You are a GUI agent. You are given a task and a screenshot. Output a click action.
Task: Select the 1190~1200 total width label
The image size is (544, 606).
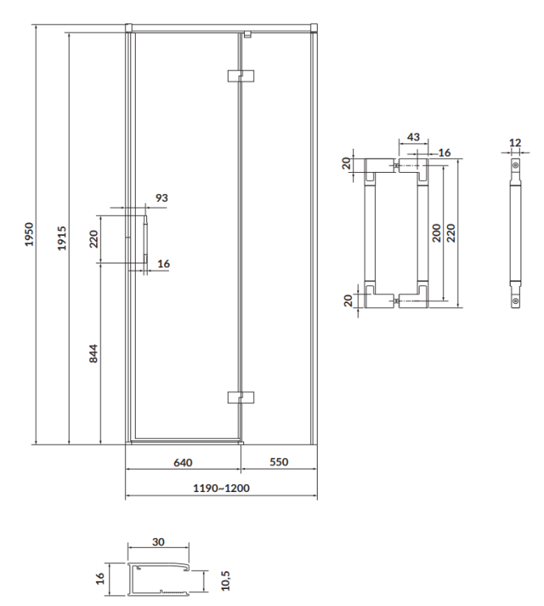pyautogui.click(x=220, y=490)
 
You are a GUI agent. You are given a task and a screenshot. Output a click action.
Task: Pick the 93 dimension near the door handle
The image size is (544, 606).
pyautogui.click(x=161, y=197)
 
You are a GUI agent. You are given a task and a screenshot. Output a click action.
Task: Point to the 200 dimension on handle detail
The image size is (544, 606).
pyautogui.click(x=436, y=234)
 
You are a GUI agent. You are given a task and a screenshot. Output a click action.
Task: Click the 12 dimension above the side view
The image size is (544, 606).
pyautogui.click(x=515, y=143)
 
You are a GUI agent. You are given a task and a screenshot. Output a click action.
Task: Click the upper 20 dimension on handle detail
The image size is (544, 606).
pyautogui.click(x=348, y=164)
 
